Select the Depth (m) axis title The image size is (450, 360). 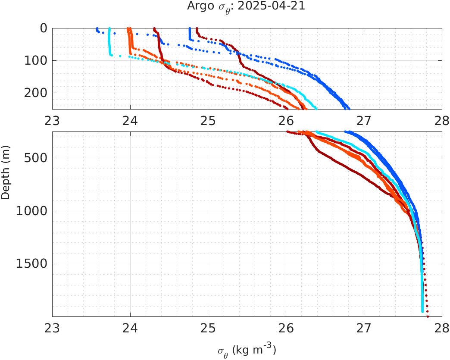point(6,178)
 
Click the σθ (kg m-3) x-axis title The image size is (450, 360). point(247,350)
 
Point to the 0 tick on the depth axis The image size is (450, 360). point(44,28)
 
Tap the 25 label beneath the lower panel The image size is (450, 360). point(208,330)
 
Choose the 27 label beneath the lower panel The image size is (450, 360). point(364,330)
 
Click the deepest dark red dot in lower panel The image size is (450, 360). point(428,316)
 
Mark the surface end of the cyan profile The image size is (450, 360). point(109,29)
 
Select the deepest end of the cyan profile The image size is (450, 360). point(422,311)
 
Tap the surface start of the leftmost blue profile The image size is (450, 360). point(97,28)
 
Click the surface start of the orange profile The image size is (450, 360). point(128,28)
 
